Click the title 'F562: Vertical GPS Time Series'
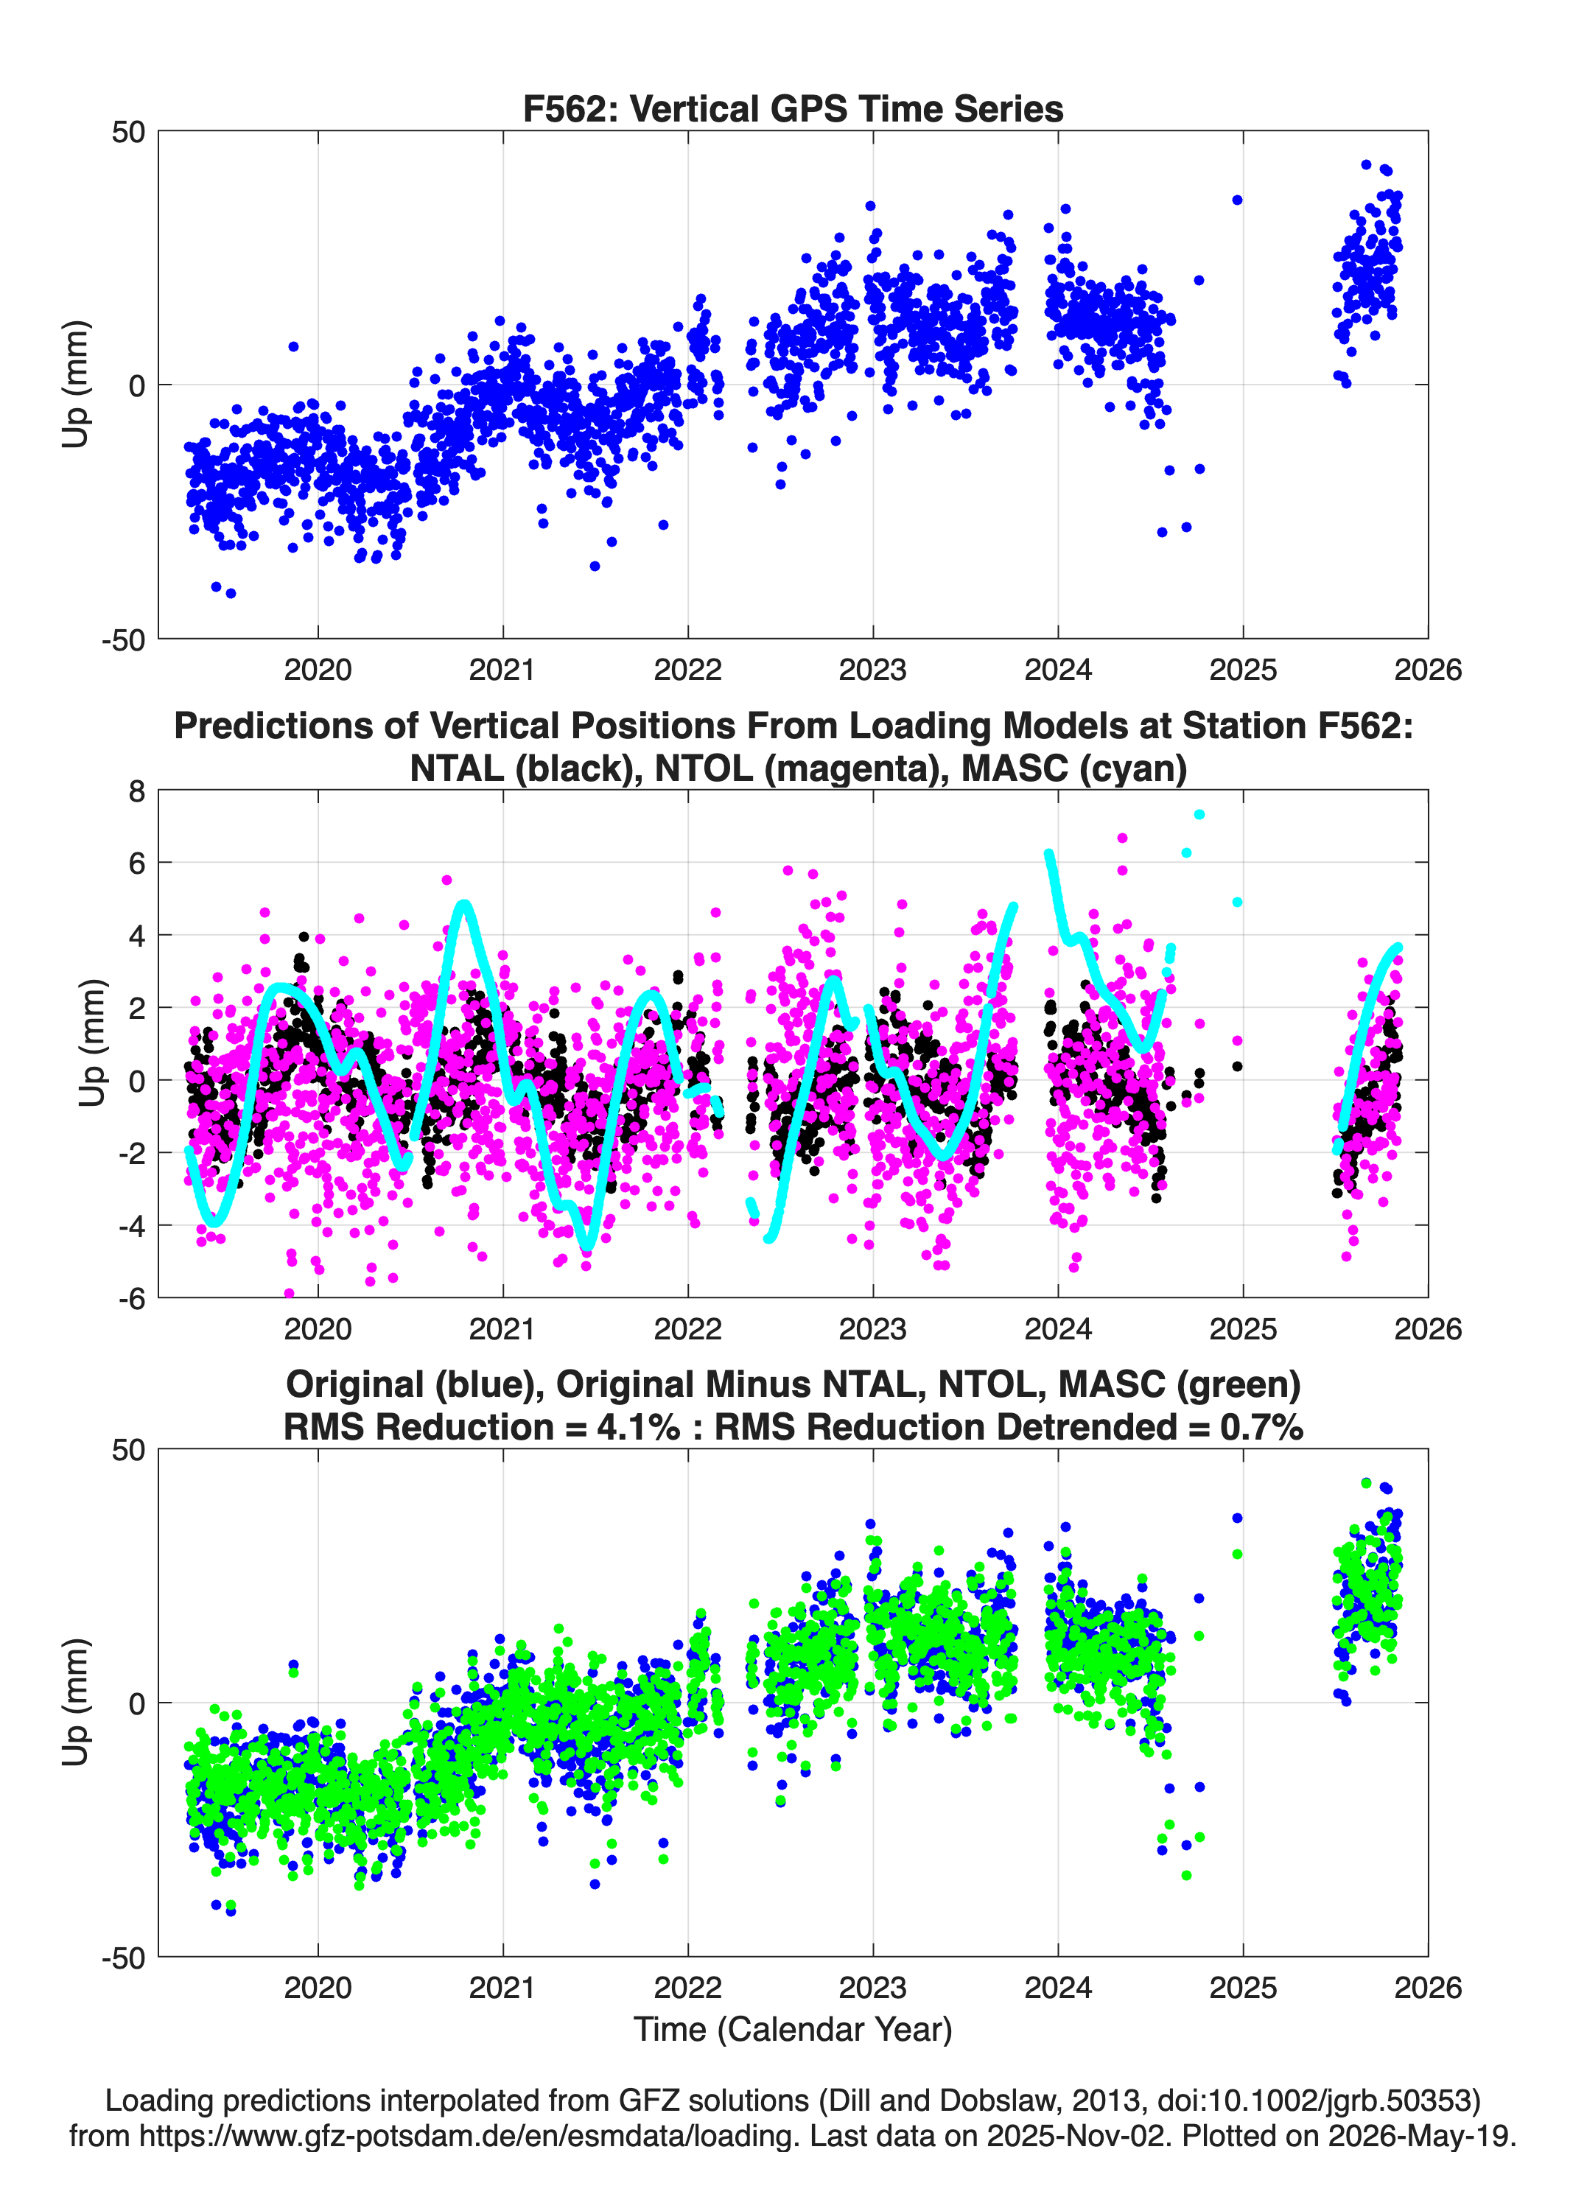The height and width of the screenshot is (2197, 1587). click(793, 108)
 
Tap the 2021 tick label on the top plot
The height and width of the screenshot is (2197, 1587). click(502, 670)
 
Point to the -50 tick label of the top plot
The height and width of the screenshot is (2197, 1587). click(123, 640)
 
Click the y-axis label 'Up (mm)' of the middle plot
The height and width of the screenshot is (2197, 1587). click(92, 1043)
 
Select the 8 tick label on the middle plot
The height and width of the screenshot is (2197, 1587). click(136, 791)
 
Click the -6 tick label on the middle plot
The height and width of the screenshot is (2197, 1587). click(132, 1298)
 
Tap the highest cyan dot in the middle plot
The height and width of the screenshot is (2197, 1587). click(1199, 815)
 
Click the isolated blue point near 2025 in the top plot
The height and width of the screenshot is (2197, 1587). click(1237, 200)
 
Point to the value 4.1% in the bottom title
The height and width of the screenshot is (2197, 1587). click(639, 1427)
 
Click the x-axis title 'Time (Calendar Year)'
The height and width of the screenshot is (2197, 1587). click(793, 2030)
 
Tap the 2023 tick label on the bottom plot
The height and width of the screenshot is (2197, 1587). click(873, 1988)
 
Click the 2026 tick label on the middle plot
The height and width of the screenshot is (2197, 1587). click(1428, 1329)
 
